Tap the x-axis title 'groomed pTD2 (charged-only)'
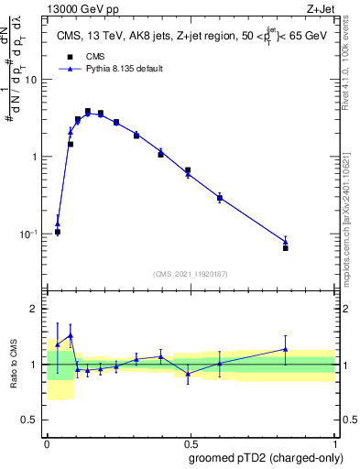click(265, 457)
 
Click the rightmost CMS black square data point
click(286, 248)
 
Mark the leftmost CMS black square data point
click(58, 232)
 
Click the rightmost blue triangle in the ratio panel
click(286, 349)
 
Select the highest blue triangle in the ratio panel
click(71, 335)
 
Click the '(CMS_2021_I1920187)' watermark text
click(190, 274)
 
